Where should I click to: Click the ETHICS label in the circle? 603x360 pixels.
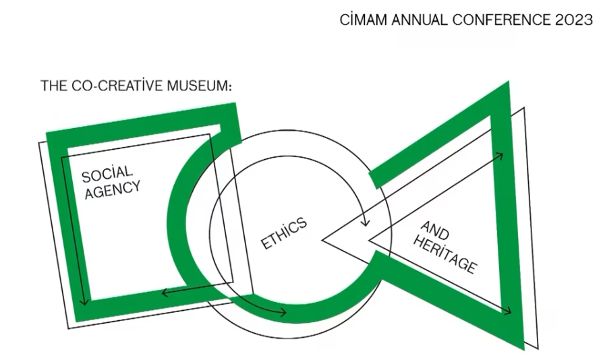284,233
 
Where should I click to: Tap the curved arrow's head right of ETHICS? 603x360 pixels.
366,221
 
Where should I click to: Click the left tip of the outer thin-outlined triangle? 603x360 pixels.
323,238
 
